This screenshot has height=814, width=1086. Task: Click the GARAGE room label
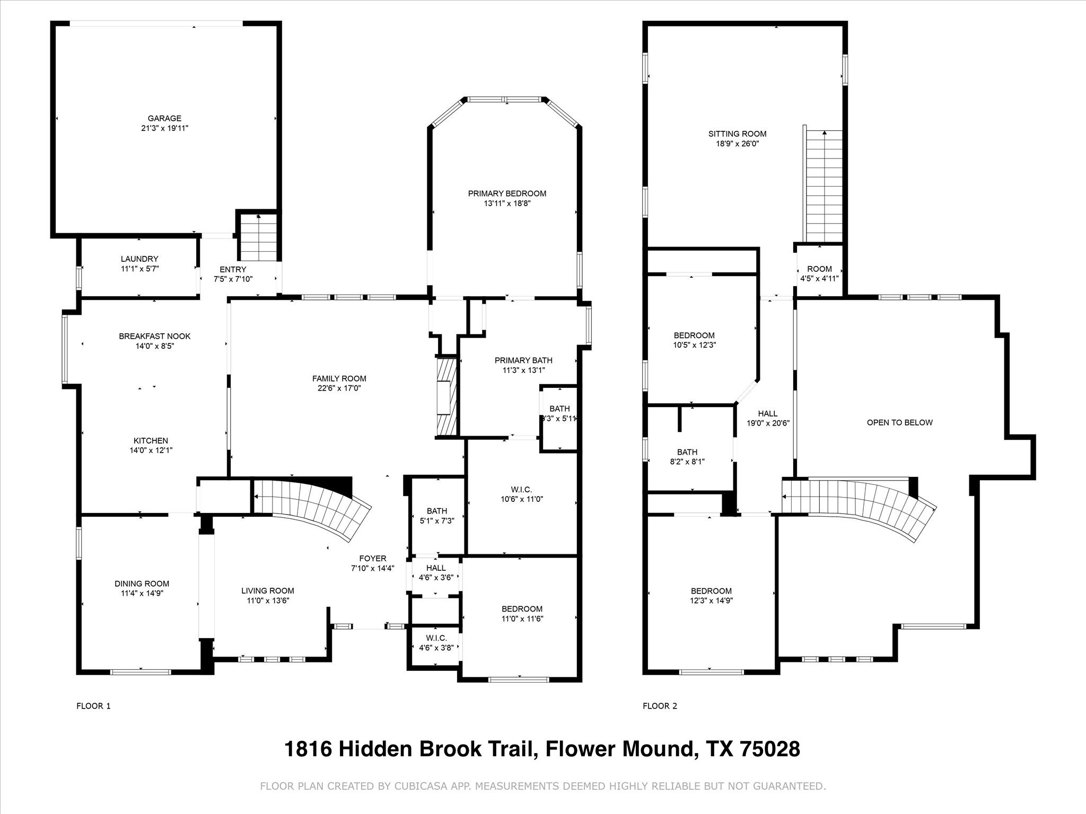coord(164,118)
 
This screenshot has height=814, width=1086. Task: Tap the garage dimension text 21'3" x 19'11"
coord(164,128)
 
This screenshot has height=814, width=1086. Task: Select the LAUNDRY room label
coord(139,259)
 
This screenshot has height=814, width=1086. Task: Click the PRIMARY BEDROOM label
coord(507,193)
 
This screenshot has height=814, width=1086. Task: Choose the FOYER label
coord(373,559)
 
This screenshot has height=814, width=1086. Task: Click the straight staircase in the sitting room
coord(824,185)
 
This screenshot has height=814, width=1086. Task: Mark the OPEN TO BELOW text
coord(899,422)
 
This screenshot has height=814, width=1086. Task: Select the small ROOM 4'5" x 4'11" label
coord(819,273)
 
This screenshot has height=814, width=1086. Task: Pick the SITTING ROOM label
coord(737,134)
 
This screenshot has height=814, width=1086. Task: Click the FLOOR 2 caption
coord(660,706)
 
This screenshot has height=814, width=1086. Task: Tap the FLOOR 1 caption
coord(93,706)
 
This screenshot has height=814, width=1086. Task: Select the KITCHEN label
coord(151,440)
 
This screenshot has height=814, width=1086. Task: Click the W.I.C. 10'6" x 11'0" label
coord(522,494)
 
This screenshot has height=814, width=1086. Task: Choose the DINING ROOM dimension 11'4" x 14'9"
coord(142,593)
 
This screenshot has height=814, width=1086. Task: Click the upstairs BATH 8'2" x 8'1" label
coord(687,456)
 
